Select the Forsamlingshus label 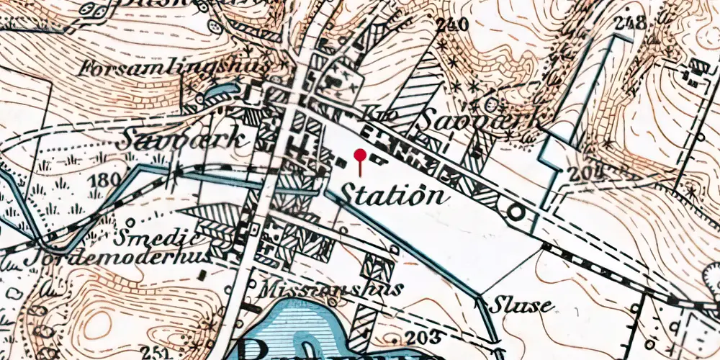coord(176,69)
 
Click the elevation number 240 coord(452,24)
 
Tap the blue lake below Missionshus coord(302,324)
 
